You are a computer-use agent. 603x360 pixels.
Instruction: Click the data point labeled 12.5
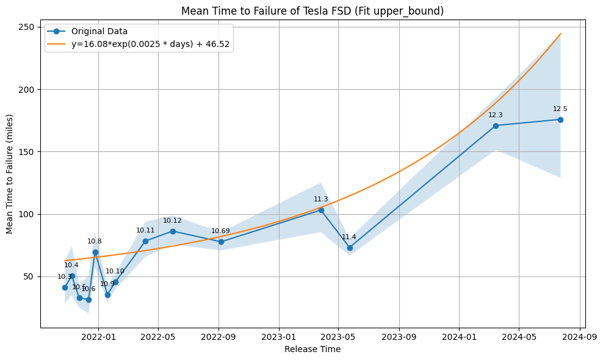pyautogui.click(x=560, y=120)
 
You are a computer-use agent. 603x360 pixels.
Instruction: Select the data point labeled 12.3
pyautogui.click(x=496, y=126)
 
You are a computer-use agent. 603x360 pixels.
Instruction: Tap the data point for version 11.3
pyautogui.click(x=321, y=210)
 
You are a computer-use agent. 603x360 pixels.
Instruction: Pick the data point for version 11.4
pyautogui.click(x=350, y=248)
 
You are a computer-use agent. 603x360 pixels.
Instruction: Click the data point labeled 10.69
pyautogui.click(x=221, y=242)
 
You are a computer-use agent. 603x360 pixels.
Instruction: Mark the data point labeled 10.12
pyautogui.click(x=173, y=231)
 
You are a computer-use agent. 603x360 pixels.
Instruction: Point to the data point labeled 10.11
pyautogui.click(x=145, y=241)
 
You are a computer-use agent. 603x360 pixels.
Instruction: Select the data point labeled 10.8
pyautogui.click(x=95, y=252)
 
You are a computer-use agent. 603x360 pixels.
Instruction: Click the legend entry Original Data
pyautogui.click(x=99, y=32)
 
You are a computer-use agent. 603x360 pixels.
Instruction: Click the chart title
pyautogui.click(x=313, y=11)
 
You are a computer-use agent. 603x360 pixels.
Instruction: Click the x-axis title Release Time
pyautogui.click(x=312, y=350)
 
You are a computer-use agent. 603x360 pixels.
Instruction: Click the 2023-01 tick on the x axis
pyautogui.click(x=279, y=336)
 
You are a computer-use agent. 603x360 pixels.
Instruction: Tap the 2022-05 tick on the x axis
pyautogui.click(x=158, y=336)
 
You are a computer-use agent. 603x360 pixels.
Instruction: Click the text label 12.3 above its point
pyautogui.click(x=496, y=115)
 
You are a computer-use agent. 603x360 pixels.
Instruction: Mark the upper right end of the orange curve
pyautogui.click(x=560, y=34)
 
